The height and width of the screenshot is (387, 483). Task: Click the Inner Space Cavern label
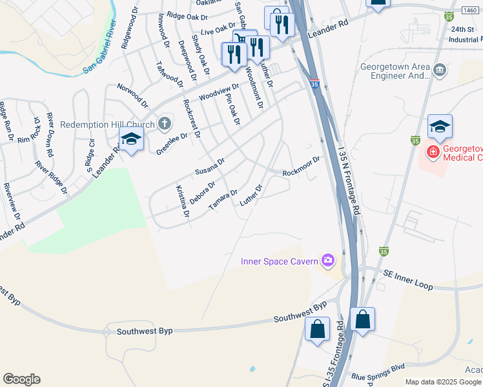[279, 261]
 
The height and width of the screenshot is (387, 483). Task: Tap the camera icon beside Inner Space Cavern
[329, 261]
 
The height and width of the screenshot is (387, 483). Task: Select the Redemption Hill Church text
[107, 124]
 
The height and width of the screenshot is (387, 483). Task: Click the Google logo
[22, 379]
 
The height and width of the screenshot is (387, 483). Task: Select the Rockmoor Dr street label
[301, 166]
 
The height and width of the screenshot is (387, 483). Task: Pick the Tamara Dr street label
[224, 200]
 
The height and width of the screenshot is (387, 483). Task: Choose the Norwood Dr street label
[132, 95]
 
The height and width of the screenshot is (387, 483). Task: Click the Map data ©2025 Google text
[443, 382]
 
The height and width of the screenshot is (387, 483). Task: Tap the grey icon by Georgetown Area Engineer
[440, 70]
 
